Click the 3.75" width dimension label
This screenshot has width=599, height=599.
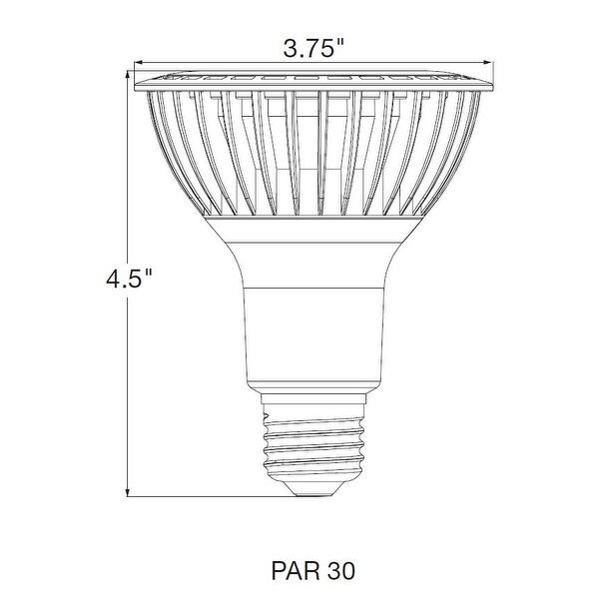point(314,47)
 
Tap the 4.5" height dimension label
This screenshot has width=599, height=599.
point(132,278)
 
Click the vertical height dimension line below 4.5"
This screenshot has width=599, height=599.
point(129,399)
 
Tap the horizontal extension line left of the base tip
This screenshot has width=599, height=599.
point(200,494)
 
